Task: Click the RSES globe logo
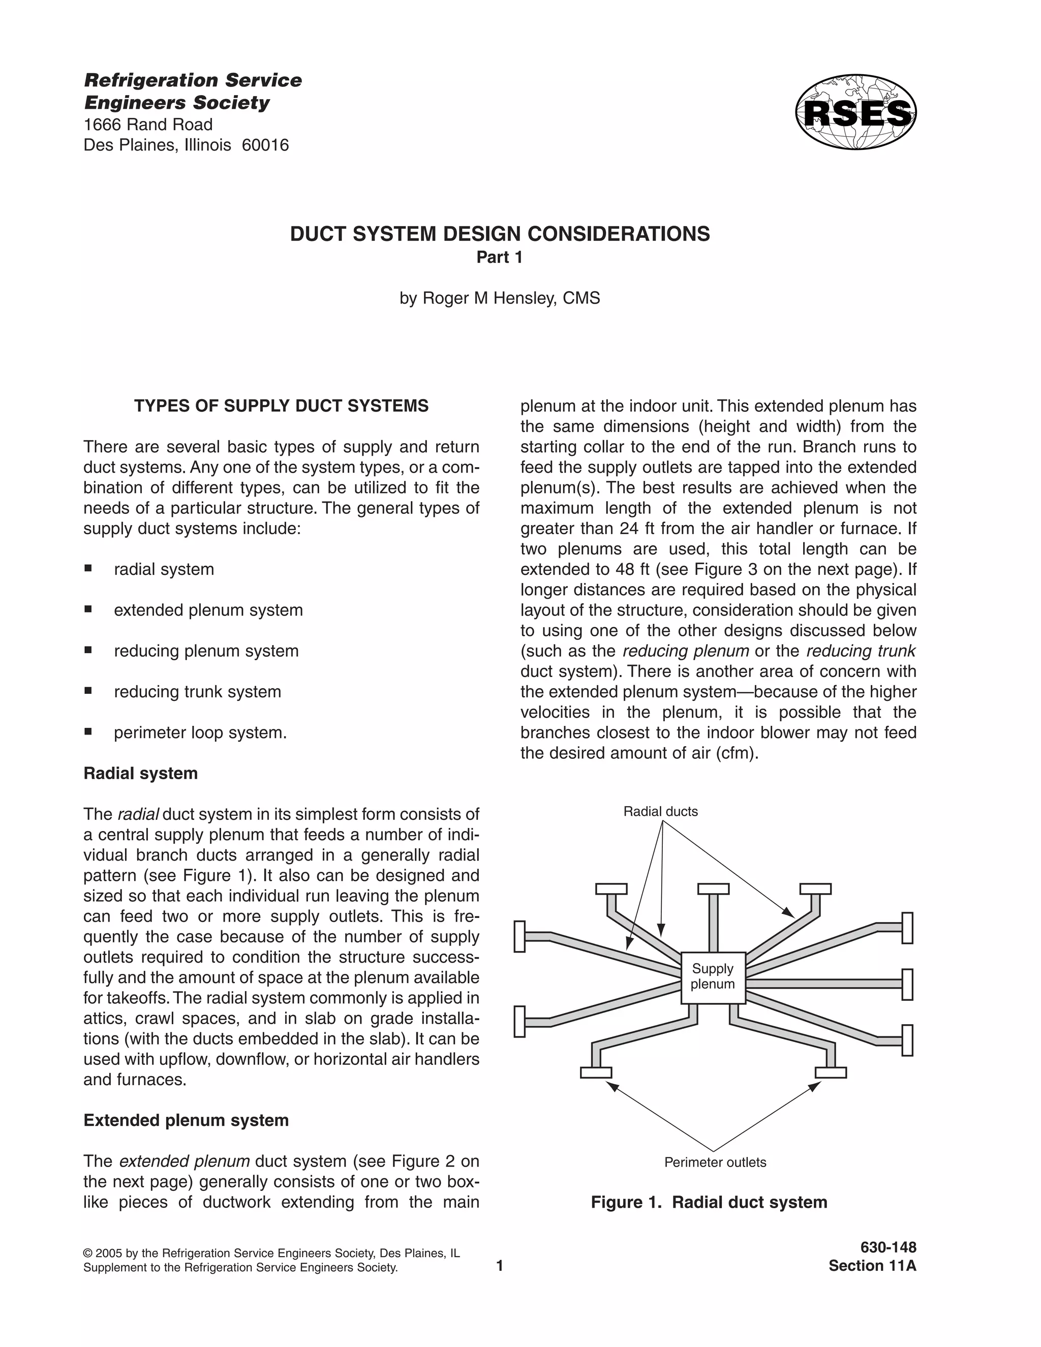[855, 112]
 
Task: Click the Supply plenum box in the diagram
[713, 977]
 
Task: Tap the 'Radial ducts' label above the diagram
[660, 812]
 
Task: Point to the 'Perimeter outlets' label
[715, 1162]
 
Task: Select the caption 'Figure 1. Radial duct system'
[709, 1202]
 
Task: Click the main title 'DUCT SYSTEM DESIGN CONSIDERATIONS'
[500, 234]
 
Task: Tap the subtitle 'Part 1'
[500, 257]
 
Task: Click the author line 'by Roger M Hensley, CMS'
[500, 298]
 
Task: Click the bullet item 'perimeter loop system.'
[200, 732]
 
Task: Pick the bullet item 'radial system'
[164, 569]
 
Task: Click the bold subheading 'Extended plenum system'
[186, 1120]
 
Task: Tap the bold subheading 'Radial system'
[141, 774]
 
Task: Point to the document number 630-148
[888, 1247]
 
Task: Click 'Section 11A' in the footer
[872, 1266]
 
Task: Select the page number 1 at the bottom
[500, 1266]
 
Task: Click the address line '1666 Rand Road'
[148, 125]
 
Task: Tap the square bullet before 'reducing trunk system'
[88, 691]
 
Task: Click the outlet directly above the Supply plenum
[713, 889]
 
